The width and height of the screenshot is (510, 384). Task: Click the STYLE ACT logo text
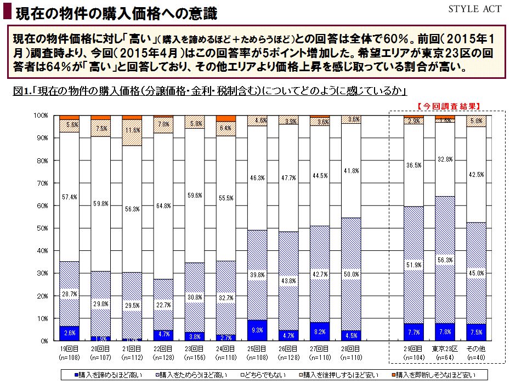pyautogui.click(x=474, y=9)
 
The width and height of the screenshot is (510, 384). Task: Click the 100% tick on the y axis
pyautogui.click(x=42, y=116)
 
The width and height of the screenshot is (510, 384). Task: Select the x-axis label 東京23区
pyautogui.click(x=445, y=348)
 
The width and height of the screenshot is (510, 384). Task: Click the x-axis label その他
pyautogui.click(x=476, y=348)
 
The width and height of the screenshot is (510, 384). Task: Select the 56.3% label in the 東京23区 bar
pyautogui.click(x=445, y=260)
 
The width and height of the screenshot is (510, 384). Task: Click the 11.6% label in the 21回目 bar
pyautogui.click(x=132, y=130)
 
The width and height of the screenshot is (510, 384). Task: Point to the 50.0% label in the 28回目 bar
pyautogui.click(x=351, y=274)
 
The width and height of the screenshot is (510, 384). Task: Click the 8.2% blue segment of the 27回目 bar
pyautogui.click(x=320, y=331)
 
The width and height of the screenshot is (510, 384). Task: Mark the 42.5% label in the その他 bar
pyautogui.click(x=476, y=175)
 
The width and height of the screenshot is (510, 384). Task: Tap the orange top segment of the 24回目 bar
pyautogui.click(x=226, y=118)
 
